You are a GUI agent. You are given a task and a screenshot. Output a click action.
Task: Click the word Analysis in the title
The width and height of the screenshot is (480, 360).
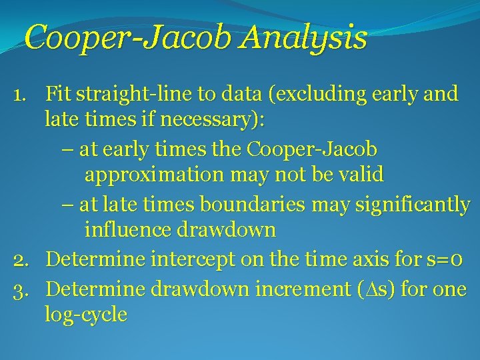coord(304,37)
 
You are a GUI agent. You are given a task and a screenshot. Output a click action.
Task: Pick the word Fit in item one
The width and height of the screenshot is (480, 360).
coord(59,94)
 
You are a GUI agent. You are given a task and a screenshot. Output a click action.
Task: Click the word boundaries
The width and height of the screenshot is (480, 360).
coord(251,203)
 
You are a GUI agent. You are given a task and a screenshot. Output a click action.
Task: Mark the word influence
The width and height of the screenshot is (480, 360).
coord(128,230)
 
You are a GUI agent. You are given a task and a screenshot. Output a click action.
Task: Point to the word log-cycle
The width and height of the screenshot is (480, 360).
coord(85,314)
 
